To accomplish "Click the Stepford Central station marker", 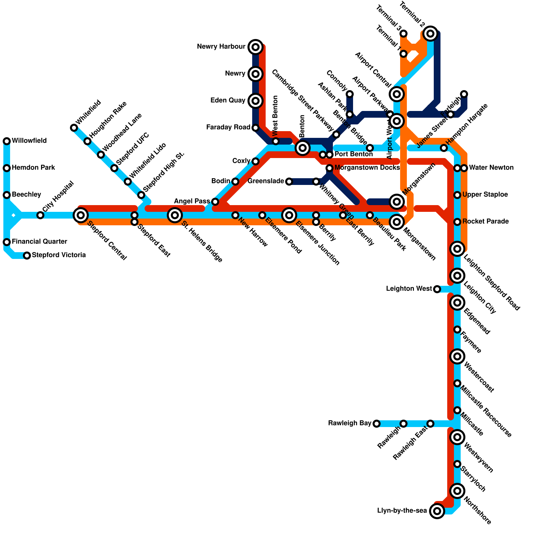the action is pyautogui.click(x=81, y=215).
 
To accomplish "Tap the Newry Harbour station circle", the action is pyautogui.click(x=256, y=47).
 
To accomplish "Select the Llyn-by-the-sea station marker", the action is pyautogui.click(x=437, y=511).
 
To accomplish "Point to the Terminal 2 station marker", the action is pyautogui.click(x=430, y=33).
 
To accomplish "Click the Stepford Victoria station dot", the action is pyautogui.click(x=27, y=256).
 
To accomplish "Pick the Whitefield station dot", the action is pyautogui.click(x=74, y=128).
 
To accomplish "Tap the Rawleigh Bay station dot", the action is pyautogui.click(x=377, y=423).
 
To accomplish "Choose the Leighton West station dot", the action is pyautogui.click(x=437, y=289).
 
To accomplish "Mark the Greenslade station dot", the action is pyautogui.click(x=289, y=182).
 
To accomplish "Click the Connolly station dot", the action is pyautogui.click(x=350, y=94).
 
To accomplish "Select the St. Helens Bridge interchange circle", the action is pyautogui.click(x=175, y=215).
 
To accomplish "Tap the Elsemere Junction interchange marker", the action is pyautogui.click(x=289, y=215).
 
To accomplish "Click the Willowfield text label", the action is pyautogui.click(x=29, y=141).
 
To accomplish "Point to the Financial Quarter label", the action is pyautogui.click(x=39, y=242).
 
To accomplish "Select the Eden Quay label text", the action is pyautogui.click(x=228, y=101).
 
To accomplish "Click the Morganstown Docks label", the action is pyautogui.click(x=367, y=168).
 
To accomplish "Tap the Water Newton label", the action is pyautogui.click(x=491, y=168).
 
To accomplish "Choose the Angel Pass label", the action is pyautogui.click(x=192, y=201).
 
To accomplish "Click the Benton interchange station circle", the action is pyautogui.click(x=303, y=148).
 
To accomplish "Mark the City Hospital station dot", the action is pyautogui.click(x=40, y=215).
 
